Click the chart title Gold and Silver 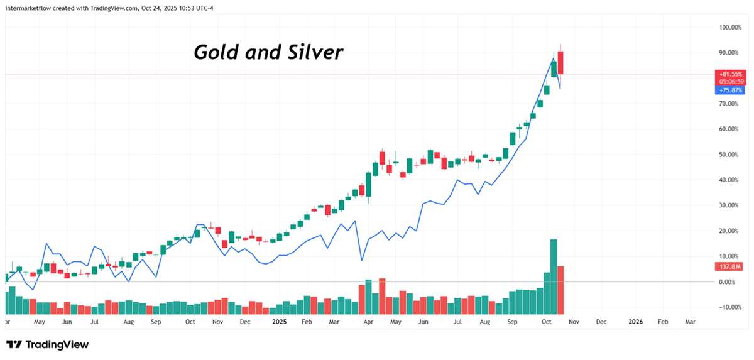(268, 52)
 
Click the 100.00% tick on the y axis (731, 28)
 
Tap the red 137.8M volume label (729, 267)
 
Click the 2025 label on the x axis (278, 321)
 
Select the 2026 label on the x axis (636, 321)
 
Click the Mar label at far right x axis (690, 321)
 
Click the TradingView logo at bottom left (48, 344)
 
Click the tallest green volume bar (554, 276)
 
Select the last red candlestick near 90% (560, 63)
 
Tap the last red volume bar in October (560, 290)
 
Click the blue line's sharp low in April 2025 (362, 260)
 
